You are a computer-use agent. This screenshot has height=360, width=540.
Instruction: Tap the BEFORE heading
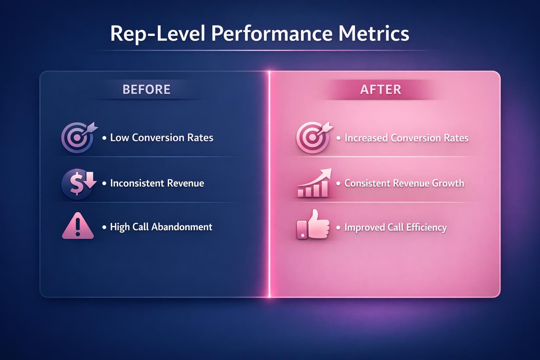(146, 89)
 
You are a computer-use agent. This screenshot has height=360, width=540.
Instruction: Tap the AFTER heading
(381, 89)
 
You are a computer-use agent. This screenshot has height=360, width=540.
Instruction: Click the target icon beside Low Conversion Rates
(78, 137)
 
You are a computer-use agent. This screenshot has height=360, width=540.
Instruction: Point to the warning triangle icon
(78, 226)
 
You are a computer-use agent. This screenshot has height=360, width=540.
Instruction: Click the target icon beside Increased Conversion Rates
(313, 137)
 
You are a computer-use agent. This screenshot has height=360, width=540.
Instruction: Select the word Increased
(366, 138)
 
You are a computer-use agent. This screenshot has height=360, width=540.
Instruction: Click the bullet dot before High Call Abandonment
(104, 227)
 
